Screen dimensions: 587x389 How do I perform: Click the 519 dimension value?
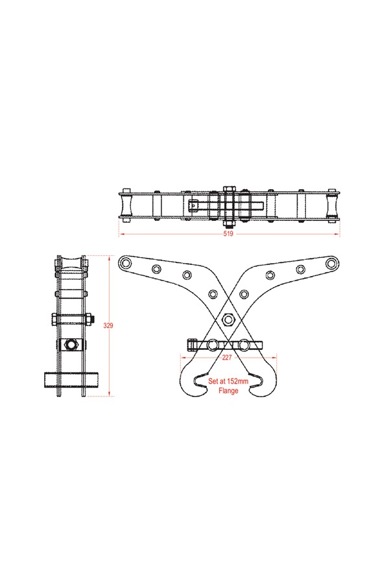(x=228, y=233)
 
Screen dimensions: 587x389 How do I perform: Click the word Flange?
(x=228, y=391)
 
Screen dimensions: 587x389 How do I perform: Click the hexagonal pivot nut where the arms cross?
(x=228, y=318)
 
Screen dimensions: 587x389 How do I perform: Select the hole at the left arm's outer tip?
(x=125, y=262)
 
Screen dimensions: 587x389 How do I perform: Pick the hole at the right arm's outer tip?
(x=331, y=262)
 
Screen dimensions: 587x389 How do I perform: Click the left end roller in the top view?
(x=126, y=206)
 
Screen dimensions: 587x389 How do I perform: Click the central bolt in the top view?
(x=228, y=205)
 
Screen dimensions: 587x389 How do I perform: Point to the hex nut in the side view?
(x=70, y=345)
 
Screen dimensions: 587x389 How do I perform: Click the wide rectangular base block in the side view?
(x=70, y=378)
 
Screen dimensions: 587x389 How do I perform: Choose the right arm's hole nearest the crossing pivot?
(x=244, y=294)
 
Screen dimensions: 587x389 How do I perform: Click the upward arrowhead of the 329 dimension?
(x=109, y=257)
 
